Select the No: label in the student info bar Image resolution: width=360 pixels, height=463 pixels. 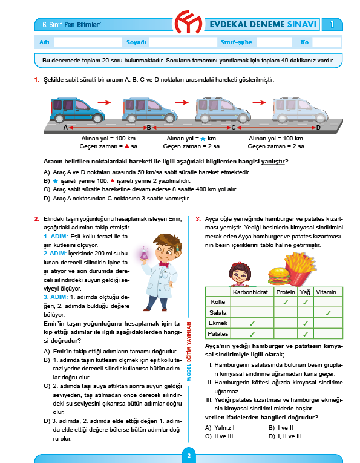pyautogui.click(x=305, y=42)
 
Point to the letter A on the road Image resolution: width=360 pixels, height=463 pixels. pyautogui.click(x=65, y=128)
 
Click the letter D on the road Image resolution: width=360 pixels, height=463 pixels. pyautogui.click(x=318, y=128)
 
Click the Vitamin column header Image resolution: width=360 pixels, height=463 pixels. pyautogui.click(x=327, y=291)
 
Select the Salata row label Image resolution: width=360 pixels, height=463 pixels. pyautogui.click(x=218, y=312)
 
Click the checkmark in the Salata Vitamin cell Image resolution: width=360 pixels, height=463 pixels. pyautogui.click(x=327, y=312)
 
